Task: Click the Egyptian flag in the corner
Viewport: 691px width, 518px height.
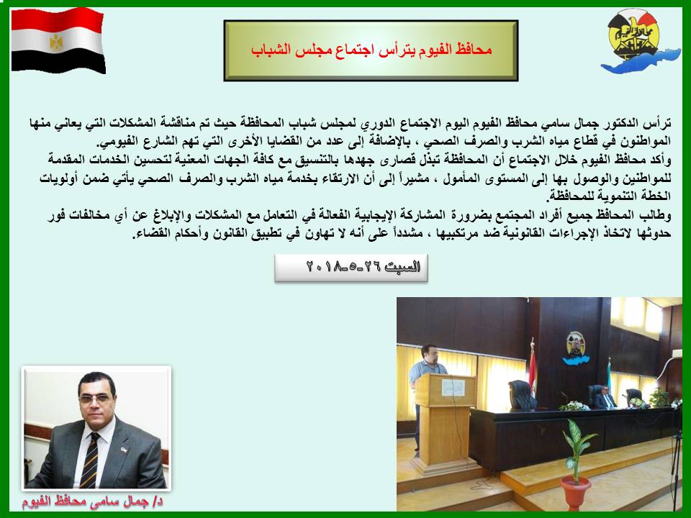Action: point(58,40)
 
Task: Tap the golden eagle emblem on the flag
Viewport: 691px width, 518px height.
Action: point(56,42)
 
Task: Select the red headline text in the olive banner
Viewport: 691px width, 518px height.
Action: point(371,50)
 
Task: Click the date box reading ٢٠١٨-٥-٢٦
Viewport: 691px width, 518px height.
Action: point(351,268)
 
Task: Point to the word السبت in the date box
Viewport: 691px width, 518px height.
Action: point(402,267)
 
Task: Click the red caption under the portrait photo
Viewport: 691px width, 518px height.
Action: point(93,501)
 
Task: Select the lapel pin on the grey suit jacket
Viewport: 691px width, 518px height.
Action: point(124,450)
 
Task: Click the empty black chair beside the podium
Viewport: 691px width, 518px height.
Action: point(523,396)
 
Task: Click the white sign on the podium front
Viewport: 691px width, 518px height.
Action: point(453,387)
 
